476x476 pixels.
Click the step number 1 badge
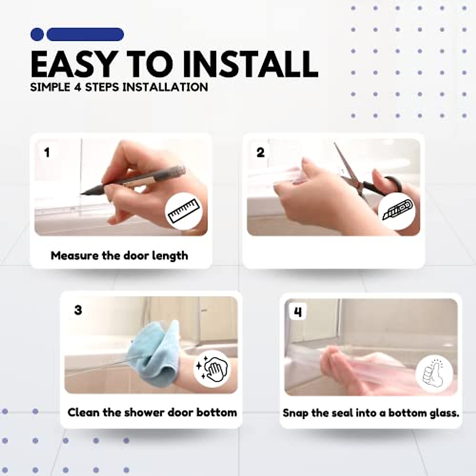(47, 152)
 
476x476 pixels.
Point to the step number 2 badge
(261, 152)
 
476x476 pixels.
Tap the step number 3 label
(78, 310)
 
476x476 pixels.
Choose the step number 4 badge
(298, 312)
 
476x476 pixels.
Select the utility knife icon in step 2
(397, 210)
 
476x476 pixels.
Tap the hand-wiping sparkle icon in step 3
(212, 369)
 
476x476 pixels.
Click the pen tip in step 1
(81, 194)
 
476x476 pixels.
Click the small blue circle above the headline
(37, 35)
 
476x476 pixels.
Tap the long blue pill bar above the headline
(85, 35)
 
